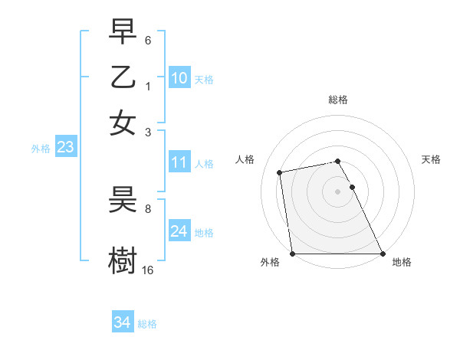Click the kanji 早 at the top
(x=123, y=32)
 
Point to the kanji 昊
(x=123, y=201)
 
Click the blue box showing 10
(x=179, y=77)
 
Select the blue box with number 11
(x=179, y=162)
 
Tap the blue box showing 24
(x=179, y=231)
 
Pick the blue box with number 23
(x=65, y=147)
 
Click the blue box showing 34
(x=122, y=322)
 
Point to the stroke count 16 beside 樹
(x=148, y=270)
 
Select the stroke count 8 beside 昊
(x=148, y=208)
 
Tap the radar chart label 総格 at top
(x=338, y=100)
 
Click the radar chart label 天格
(x=431, y=159)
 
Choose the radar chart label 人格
(x=245, y=159)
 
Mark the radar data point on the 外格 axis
(x=292, y=254)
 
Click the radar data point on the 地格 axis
(x=383, y=254)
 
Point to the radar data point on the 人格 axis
(x=281, y=172)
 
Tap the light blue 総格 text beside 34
(x=147, y=324)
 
